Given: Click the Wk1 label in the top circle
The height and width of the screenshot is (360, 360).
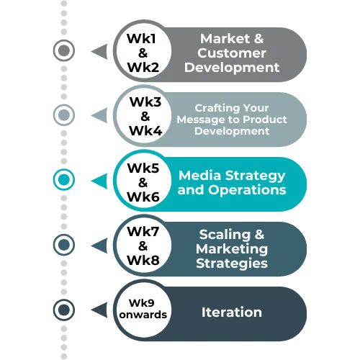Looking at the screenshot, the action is click(141, 39).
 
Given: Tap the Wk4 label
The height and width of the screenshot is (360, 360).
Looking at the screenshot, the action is click(145, 131).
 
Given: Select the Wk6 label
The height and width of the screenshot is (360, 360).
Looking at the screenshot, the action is click(143, 197).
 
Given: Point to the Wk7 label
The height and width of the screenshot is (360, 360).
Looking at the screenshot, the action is click(143, 232).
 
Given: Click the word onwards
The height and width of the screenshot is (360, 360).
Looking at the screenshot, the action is click(143, 315).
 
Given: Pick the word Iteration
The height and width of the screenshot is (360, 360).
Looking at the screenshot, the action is click(232, 312).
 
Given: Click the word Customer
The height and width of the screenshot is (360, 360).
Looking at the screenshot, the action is click(232, 53).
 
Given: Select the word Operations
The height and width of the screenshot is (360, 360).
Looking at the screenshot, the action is click(247, 190).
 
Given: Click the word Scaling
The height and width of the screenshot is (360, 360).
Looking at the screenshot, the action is click(225, 235).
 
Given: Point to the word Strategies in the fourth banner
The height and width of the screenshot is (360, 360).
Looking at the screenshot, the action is click(232, 264).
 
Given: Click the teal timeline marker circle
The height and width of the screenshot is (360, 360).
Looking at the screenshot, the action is click(64, 179).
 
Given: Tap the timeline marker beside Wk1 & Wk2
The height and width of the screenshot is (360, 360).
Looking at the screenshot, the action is click(64, 50).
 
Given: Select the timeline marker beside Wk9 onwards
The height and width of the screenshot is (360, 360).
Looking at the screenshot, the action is click(64, 310).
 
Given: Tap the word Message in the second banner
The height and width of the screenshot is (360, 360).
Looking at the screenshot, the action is click(197, 120).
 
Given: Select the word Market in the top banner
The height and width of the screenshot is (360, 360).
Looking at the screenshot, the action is click(225, 39).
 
